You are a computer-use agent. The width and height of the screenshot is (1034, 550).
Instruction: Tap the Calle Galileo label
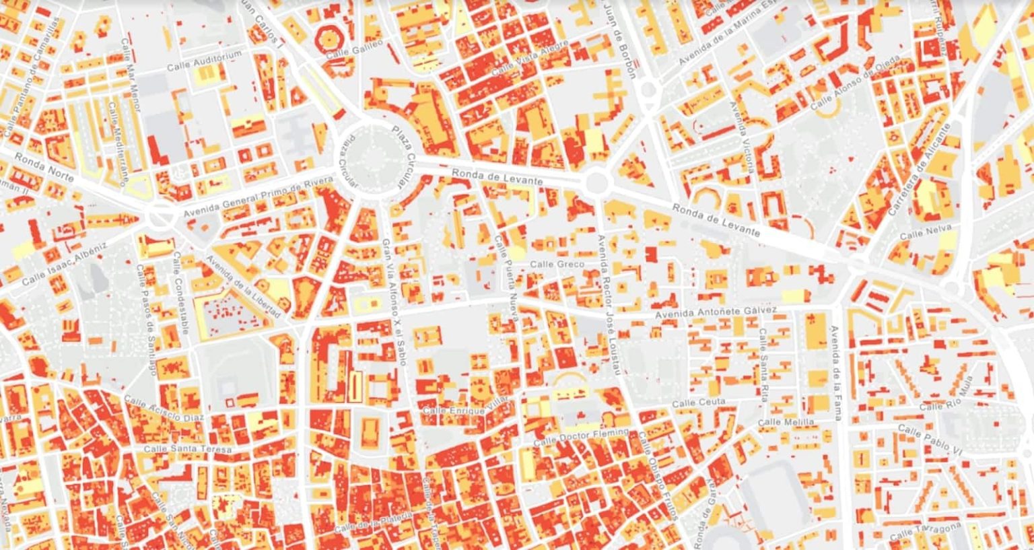click(354, 49)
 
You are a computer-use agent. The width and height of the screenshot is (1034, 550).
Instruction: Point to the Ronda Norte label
click(44, 169)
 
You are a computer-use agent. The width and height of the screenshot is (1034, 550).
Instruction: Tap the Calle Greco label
click(556, 264)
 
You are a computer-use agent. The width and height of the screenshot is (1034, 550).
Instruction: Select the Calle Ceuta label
click(699, 403)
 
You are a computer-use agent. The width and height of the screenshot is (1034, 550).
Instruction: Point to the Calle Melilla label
click(786, 422)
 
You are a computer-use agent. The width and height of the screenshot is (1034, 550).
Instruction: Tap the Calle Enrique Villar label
click(464, 406)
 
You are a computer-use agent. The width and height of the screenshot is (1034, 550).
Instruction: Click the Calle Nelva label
click(926, 232)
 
